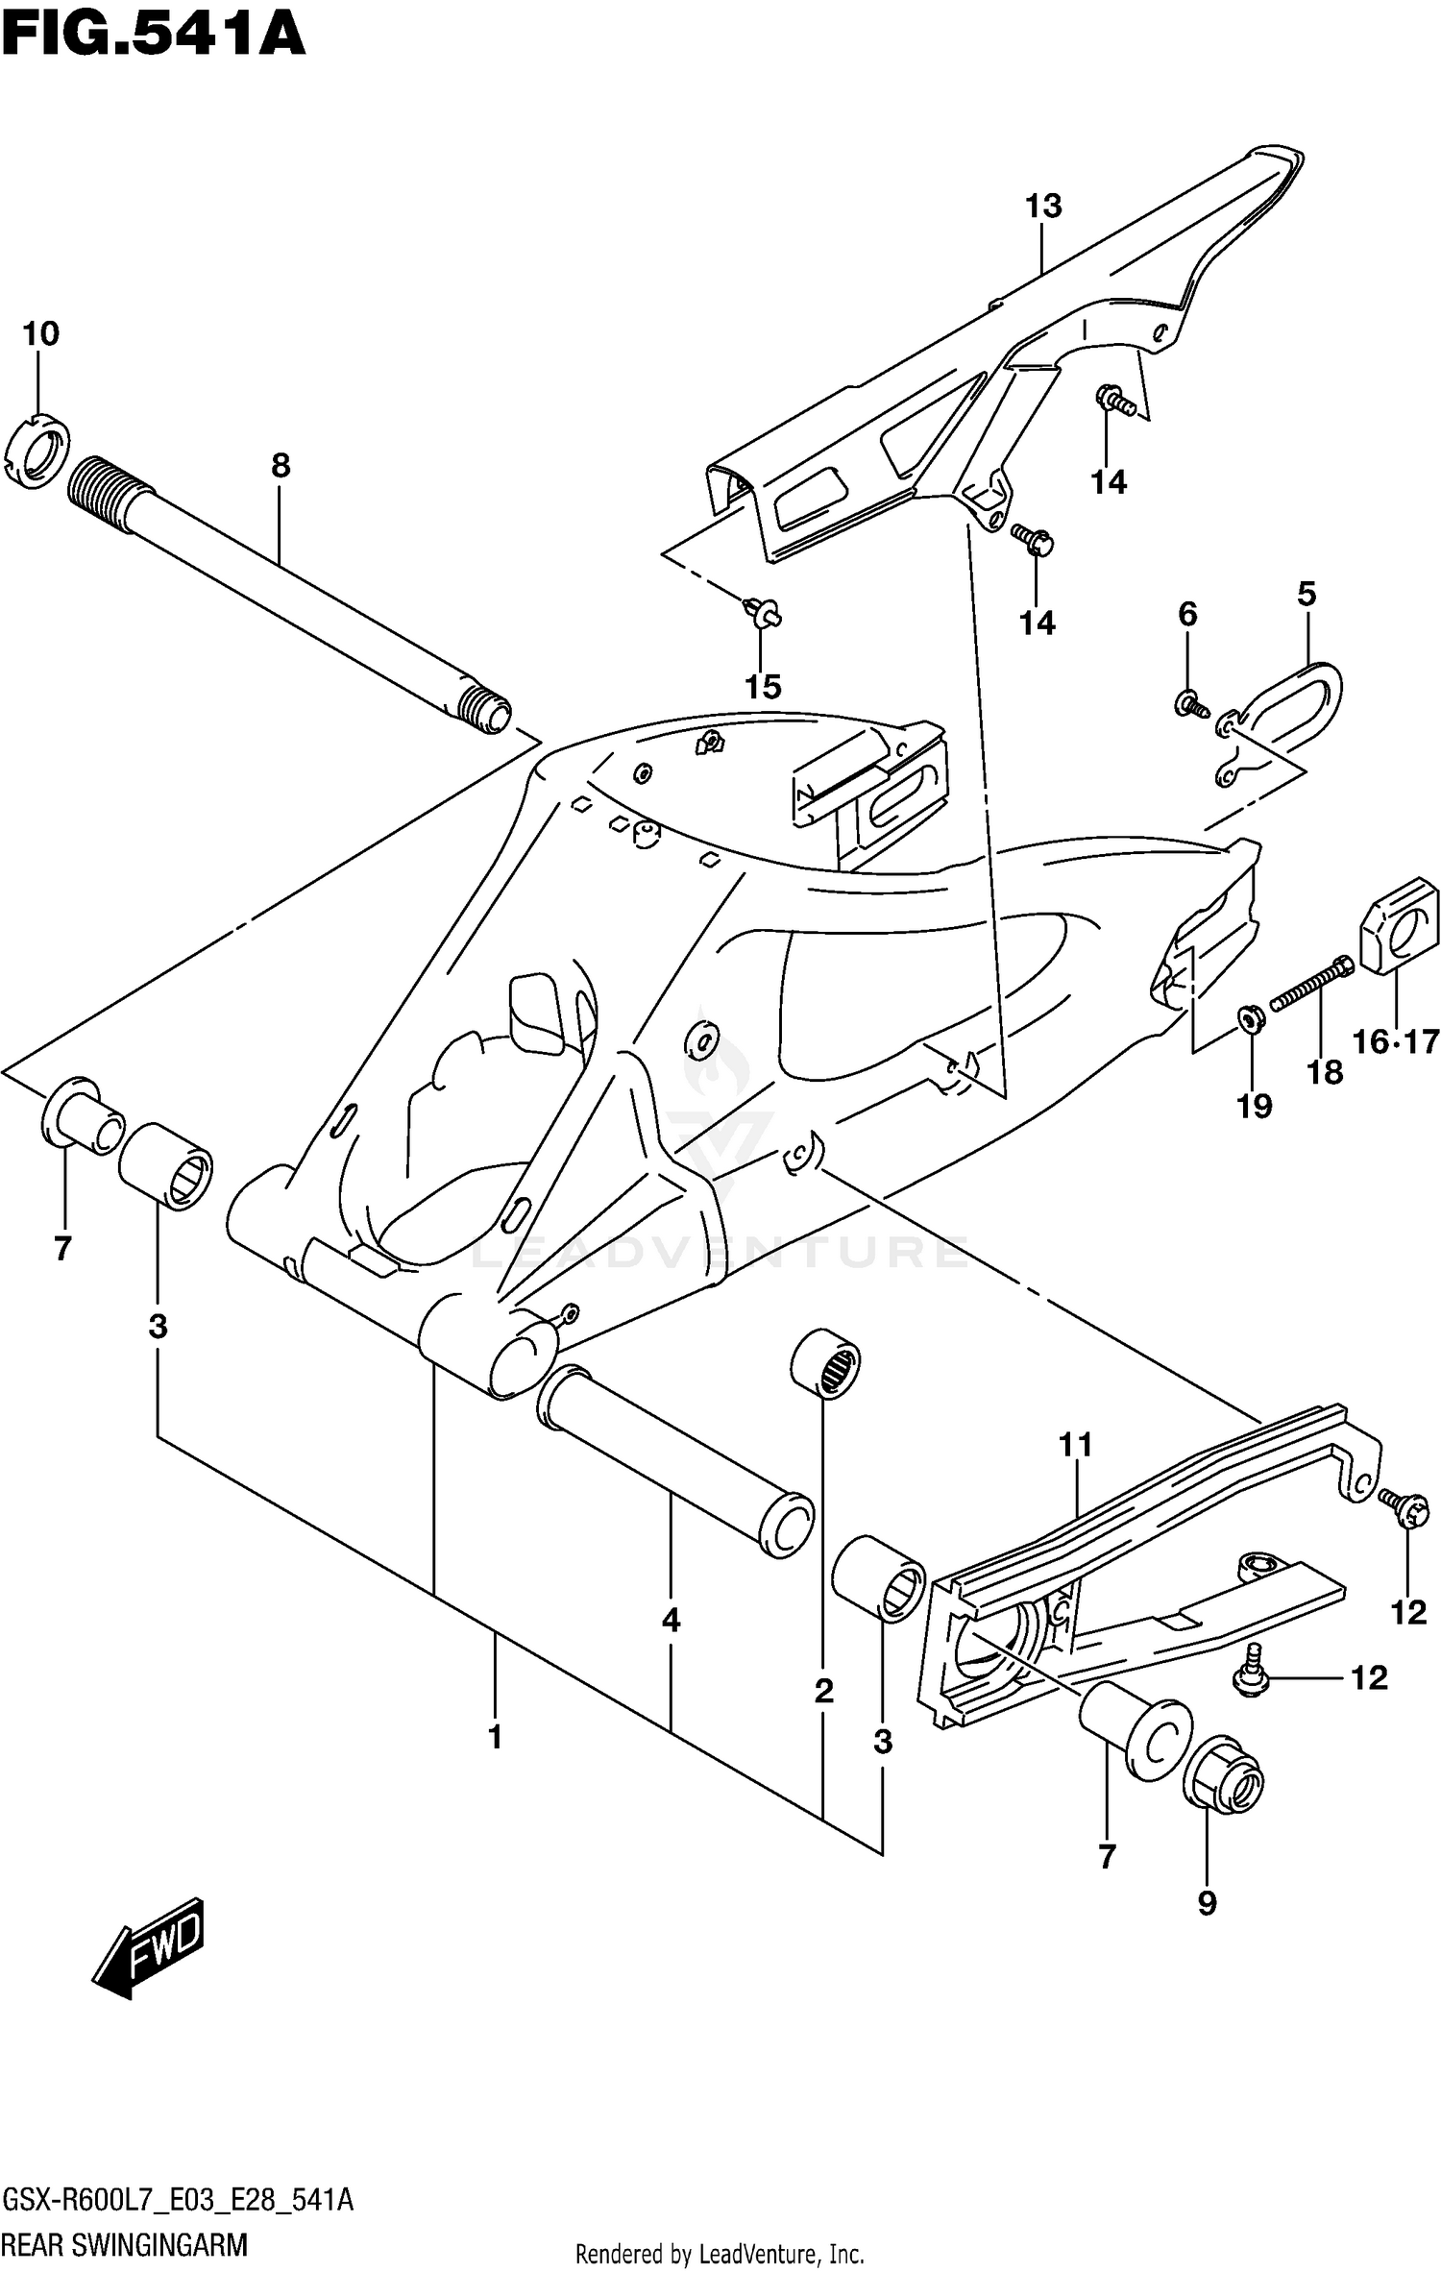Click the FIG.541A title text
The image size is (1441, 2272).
point(154,36)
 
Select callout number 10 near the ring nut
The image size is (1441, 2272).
point(40,333)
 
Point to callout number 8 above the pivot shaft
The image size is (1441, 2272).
point(280,466)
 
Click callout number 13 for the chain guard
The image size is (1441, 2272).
point(1043,206)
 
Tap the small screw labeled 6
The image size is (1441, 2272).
point(1189,704)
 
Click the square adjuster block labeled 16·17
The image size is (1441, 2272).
point(1398,926)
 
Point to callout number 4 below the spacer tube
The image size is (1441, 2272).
point(671,1621)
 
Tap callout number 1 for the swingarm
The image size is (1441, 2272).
point(495,1737)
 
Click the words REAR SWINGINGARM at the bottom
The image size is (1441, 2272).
point(126,2245)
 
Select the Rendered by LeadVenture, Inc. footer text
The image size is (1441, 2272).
point(720,2254)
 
